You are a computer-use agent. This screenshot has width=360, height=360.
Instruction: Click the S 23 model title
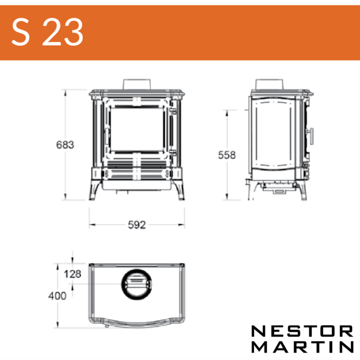pos(47,32)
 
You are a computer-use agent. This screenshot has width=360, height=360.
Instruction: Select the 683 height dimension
pos(65,145)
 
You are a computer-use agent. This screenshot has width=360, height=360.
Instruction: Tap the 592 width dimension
pos(137,225)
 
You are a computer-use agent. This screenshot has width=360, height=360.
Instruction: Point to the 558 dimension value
pos(227,155)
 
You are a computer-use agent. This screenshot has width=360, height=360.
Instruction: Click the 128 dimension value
pos(73,274)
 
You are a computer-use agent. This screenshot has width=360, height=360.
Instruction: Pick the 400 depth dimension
pos(57,296)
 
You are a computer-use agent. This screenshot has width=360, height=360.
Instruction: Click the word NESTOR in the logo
pos(302,332)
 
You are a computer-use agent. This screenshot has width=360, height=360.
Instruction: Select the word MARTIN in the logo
pos(302,347)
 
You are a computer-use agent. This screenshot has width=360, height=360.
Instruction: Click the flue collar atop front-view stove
pos(137,84)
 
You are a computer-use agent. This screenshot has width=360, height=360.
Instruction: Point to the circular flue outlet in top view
pos(137,284)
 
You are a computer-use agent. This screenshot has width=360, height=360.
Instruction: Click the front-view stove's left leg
pos(93,190)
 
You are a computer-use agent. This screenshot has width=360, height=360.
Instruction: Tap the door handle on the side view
pos(310,136)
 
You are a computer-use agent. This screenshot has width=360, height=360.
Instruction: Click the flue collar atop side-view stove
pos(270,84)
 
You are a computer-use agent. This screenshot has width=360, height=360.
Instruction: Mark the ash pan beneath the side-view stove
pos(276,189)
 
